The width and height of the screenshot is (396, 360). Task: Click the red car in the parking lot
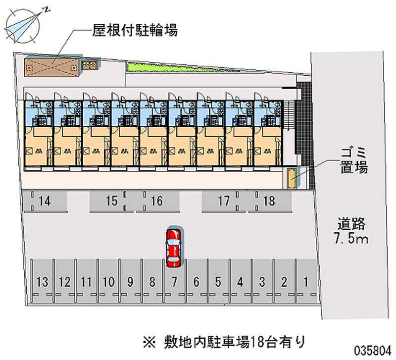174,246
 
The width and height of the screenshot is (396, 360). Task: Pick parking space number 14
45,201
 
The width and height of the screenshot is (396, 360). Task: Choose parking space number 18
269,201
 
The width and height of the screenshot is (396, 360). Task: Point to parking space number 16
156,201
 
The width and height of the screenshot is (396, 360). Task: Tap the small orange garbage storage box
293,178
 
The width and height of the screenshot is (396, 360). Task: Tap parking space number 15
111,201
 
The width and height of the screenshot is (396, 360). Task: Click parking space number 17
224,201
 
